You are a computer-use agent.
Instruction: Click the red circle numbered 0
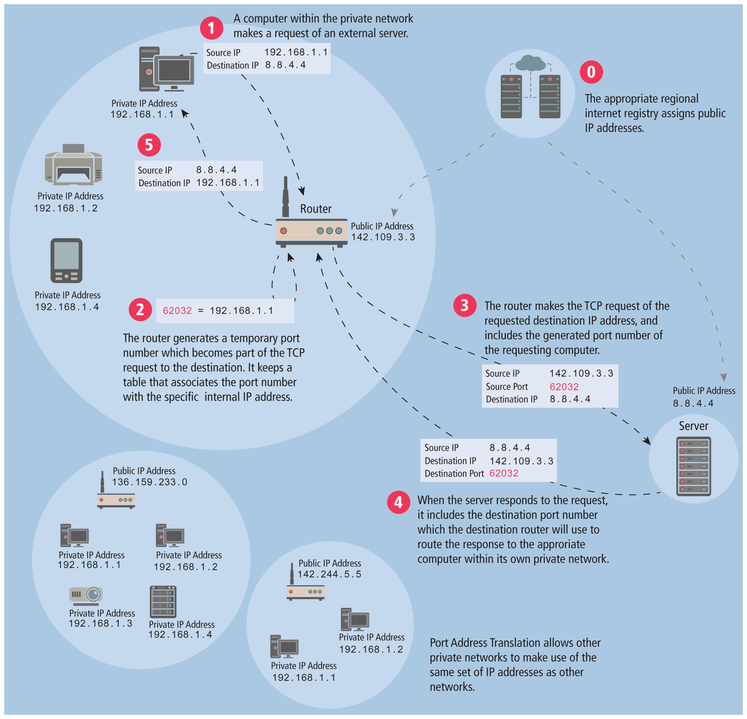click(x=591, y=72)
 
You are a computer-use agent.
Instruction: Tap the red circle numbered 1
click(x=211, y=28)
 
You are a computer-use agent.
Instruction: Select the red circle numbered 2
click(x=140, y=310)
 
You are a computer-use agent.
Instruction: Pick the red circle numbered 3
click(x=464, y=305)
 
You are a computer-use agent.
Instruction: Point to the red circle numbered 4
click(x=398, y=502)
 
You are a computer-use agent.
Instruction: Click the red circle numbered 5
click(x=149, y=145)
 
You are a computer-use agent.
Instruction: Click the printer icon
click(x=74, y=164)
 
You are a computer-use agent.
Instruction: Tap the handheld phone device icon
click(x=66, y=261)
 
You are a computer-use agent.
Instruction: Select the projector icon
click(x=86, y=595)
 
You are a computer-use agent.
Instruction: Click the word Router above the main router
click(x=315, y=209)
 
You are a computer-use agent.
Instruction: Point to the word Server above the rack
click(x=693, y=426)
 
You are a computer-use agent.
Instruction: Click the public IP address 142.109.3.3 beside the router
click(x=383, y=237)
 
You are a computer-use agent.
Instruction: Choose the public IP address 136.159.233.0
click(x=149, y=482)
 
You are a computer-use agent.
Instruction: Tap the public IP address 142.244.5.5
click(x=329, y=575)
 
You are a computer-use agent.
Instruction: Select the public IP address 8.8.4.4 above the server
click(x=693, y=403)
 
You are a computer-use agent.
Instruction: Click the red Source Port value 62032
click(x=564, y=387)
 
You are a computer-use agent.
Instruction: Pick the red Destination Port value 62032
click(x=504, y=474)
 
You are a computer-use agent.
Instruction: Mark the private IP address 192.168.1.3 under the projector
click(x=100, y=624)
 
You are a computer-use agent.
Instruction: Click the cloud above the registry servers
click(x=530, y=63)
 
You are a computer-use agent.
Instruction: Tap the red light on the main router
click(x=284, y=231)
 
